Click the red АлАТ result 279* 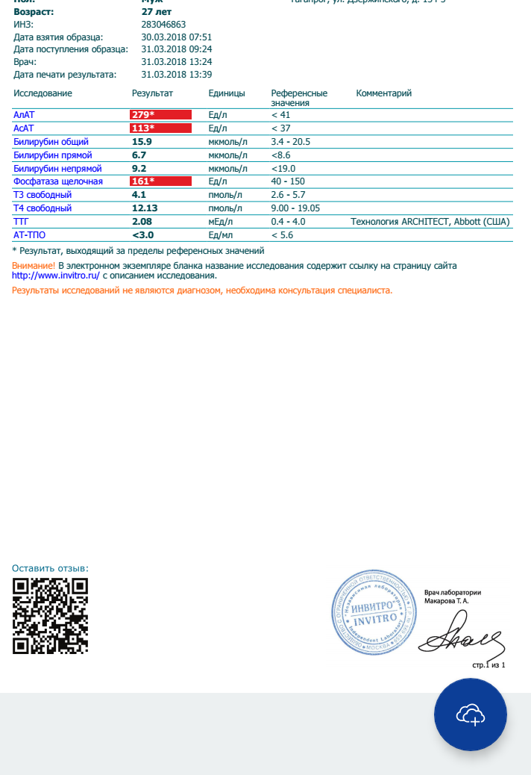(143, 115)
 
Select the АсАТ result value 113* (143, 128)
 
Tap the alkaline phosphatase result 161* (143, 181)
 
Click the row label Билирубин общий (51, 142)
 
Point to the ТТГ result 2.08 (142, 222)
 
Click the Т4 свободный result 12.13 (145, 208)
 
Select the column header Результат (152, 93)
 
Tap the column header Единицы (227, 93)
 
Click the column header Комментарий (384, 93)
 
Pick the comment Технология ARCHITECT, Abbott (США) (430, 222)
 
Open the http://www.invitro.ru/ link (56, 276)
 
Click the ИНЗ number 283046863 (163, 24)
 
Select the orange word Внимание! (34, 266)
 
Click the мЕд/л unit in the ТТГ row (221, 222)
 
